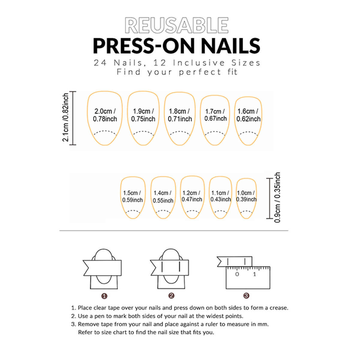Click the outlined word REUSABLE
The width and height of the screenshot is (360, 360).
click(176, 25)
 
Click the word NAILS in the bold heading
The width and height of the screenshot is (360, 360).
click(231, 46)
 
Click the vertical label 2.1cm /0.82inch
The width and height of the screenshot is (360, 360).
click(66, 117)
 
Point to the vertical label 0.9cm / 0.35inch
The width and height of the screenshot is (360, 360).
click(277, 197)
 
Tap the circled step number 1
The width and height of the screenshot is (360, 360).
click(104, 296)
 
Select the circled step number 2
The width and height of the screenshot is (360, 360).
click(171, 295)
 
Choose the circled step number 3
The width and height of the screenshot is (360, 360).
click(246, 295)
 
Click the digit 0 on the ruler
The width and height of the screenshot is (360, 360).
click(237, 274)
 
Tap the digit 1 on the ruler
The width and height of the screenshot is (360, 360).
click(254, 274)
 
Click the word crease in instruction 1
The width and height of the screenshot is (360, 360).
click(278, 308)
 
